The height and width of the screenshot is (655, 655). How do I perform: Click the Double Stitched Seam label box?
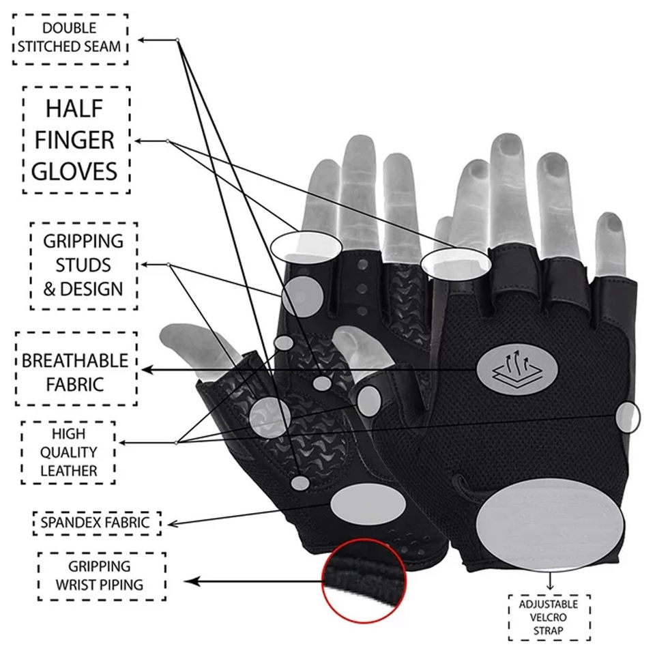coord(70,38)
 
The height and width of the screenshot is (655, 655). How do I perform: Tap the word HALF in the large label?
coord(76,108)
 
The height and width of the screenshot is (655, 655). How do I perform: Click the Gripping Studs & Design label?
coord(83,265)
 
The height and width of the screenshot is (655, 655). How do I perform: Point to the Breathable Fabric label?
coord(75,371)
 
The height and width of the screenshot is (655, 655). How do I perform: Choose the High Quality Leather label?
coord(68,452)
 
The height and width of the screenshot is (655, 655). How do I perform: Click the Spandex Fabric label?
coord(96,523)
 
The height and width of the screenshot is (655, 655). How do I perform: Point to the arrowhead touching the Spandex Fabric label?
coord(171,524)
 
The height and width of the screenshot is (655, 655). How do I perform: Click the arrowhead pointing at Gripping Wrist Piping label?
coord(192,582)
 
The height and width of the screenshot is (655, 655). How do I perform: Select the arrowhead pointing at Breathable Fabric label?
coord(146,370)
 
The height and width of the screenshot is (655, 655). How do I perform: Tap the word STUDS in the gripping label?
coord(83,265)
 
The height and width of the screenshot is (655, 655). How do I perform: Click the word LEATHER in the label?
coord(68,470)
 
